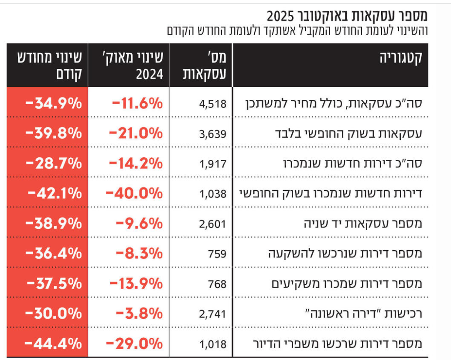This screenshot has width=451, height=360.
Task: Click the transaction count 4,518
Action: tap(213, 104)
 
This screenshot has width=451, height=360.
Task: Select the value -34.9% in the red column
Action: tap(54, 104)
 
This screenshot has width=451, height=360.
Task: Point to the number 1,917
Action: tap(213, 164)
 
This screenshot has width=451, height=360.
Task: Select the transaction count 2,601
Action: tap(213, 224)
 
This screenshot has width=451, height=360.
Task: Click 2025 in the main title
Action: tap(280, 17)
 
